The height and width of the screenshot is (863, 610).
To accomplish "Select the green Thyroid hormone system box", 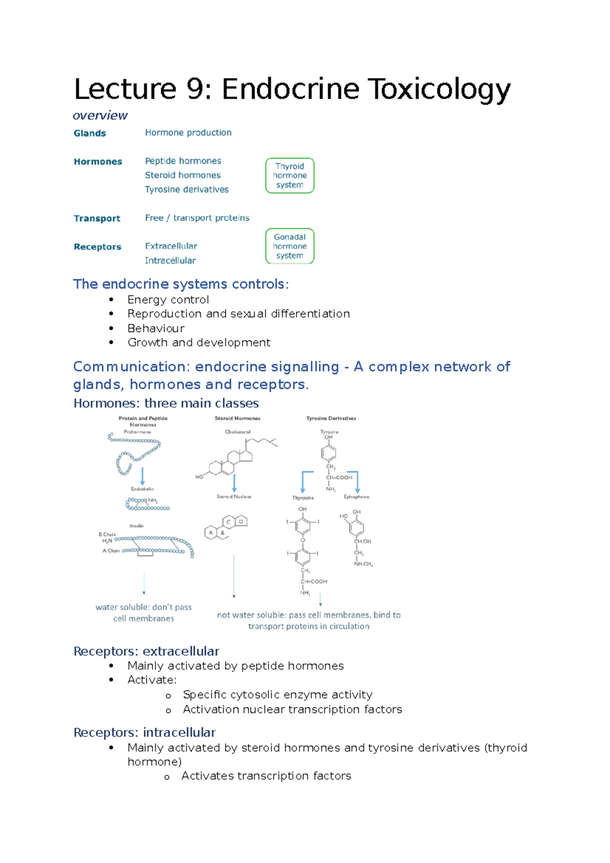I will [x=290, y=176].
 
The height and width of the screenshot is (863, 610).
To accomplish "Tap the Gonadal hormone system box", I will [x=290, y=246].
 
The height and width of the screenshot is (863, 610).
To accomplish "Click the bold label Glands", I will [x=89, y=134].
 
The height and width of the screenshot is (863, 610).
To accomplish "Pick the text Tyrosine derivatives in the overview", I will [x=187, y=190].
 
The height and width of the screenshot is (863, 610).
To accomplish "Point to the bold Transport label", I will [x=97, y=219].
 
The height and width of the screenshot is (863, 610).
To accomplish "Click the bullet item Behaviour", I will [x=156, y=328].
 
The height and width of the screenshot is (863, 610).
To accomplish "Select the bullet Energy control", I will [x=168, y=300].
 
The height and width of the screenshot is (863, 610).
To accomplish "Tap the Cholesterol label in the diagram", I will [x=237, y=432].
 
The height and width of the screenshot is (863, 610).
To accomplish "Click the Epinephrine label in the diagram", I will [x=356, y=497].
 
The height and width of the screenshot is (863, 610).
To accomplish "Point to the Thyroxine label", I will [x=303, y=498].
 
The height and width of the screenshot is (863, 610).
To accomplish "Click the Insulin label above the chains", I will [x=136, y=526].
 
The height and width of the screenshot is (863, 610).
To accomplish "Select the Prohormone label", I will [x=137, y=432].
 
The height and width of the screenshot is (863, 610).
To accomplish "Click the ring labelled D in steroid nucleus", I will [x=241, y=521].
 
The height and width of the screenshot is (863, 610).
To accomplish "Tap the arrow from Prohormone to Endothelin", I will [x=142, y=476].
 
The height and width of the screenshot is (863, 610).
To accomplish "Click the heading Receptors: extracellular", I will [x=146, y=652].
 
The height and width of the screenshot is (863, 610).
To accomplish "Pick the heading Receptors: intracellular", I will [x=144, y=733].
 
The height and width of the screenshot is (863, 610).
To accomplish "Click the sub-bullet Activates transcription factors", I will [x=266, y=776].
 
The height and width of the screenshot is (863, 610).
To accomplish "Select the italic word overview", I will [x=100, y=116].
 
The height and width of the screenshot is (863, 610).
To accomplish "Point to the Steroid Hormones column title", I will [x=237, y=418].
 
